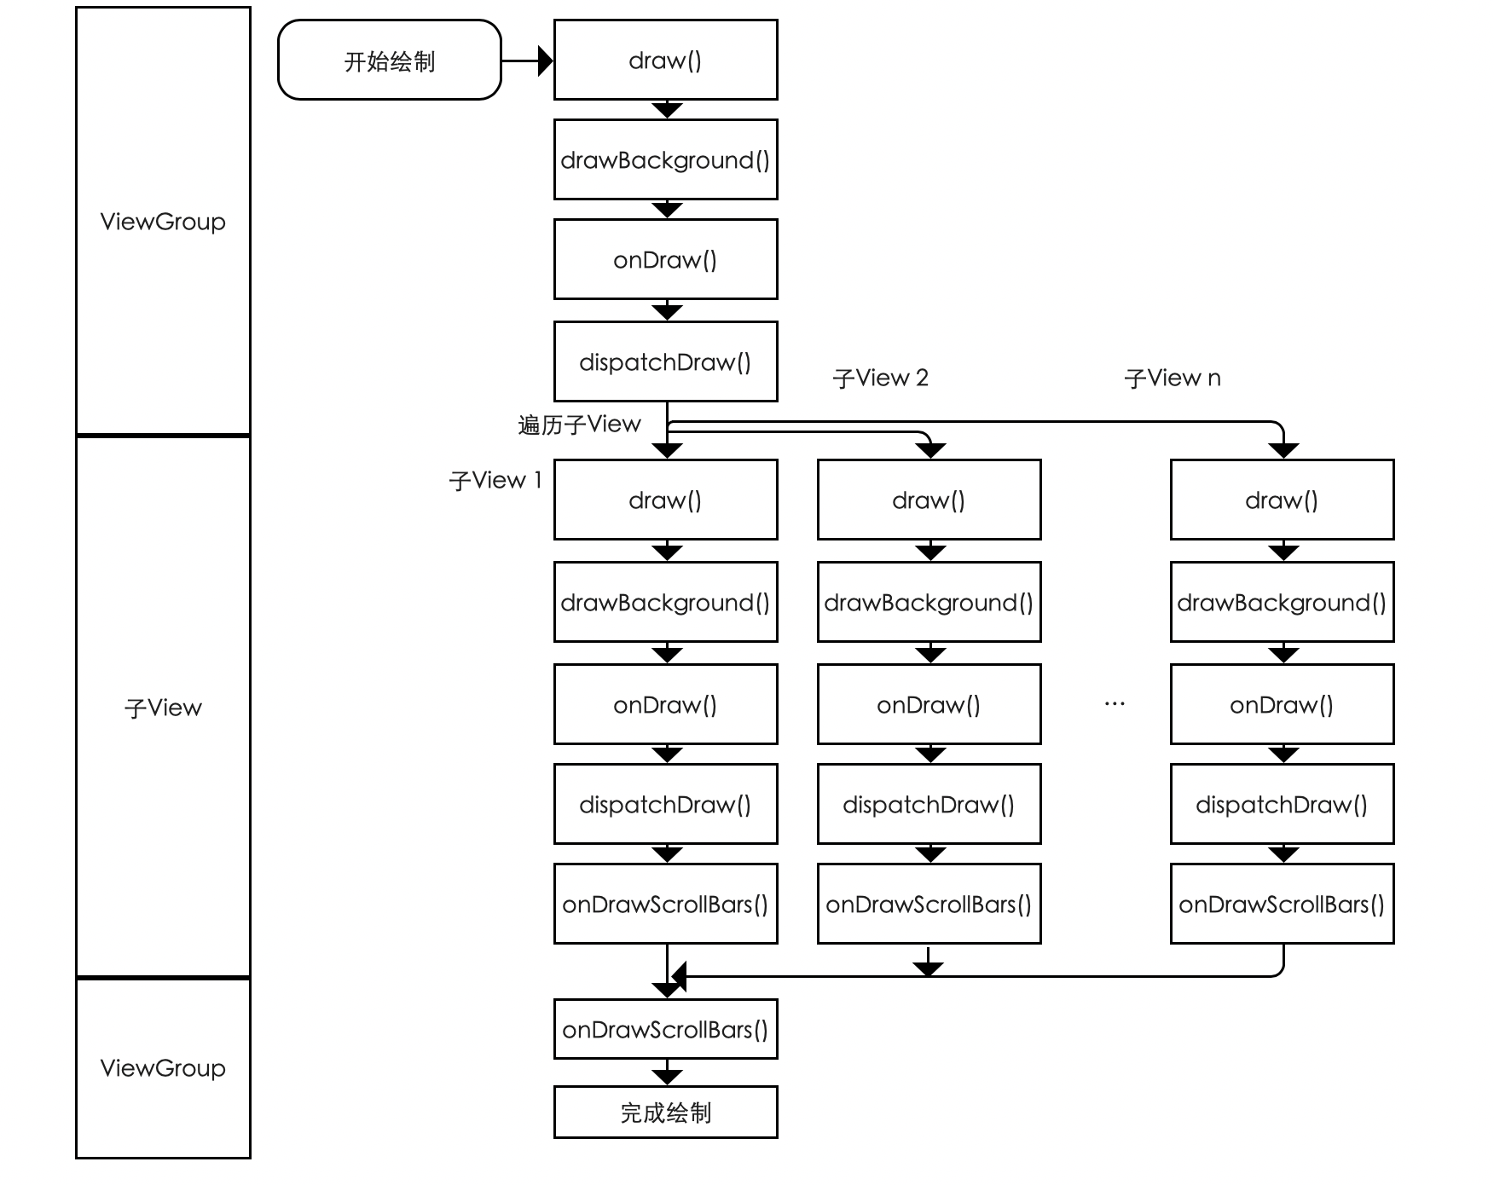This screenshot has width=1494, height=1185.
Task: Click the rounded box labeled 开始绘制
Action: click(389, 61)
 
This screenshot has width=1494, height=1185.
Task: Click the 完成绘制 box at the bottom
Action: click(665, 1112)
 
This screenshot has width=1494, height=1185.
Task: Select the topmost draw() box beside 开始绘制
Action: click(665, 61)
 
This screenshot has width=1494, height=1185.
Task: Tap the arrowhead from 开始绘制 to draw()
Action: click(546, 61)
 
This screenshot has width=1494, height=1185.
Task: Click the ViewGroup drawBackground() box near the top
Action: click(665, 160)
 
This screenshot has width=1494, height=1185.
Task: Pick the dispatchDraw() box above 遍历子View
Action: click(665, 362)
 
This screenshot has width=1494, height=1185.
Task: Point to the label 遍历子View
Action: click(579, 425)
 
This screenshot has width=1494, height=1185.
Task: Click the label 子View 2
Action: click(880, 379)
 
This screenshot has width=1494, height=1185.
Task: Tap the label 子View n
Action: click(1173, 379)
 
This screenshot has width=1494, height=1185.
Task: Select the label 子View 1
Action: click(495, 481)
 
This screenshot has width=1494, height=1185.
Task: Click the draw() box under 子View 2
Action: click(929, 500)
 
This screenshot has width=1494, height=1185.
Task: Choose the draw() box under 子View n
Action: click(1282, 500)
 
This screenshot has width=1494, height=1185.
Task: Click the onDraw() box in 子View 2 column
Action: click(929, 705)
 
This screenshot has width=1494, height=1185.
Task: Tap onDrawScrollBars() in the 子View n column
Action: click(1282, 905)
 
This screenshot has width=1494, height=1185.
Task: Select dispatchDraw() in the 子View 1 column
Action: click(665, 805)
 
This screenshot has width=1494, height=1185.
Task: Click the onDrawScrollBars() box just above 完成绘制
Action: click(665, 1030)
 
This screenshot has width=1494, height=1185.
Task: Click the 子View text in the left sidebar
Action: click(163, 708)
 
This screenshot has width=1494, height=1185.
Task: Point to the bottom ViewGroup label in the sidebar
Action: click(163, 1068)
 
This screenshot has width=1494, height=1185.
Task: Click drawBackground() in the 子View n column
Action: click(1282, 603)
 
